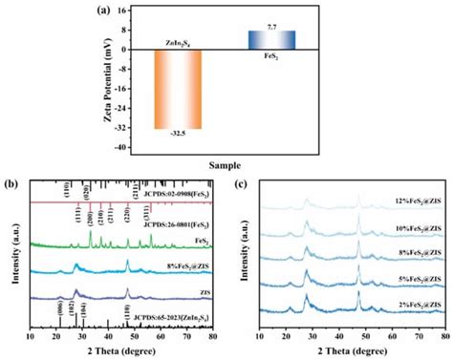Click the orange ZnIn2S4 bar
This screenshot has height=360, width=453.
(x=178, y=89)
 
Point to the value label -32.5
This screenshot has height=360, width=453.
(x=178, y=136)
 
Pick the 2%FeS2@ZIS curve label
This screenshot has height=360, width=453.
(x=416, y=305)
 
